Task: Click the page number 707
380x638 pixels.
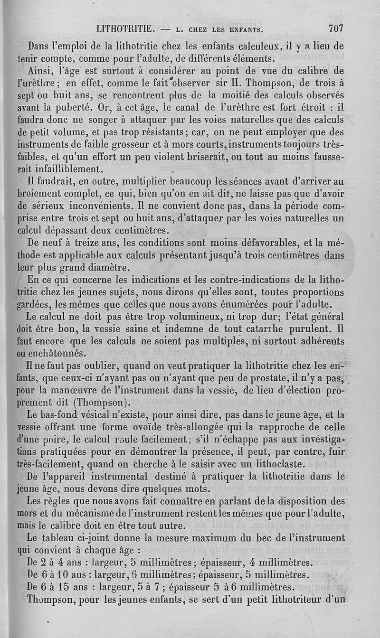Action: pos(335,28)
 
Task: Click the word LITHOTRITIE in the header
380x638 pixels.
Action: pos(125,28)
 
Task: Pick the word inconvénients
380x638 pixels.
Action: pos(90,206)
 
